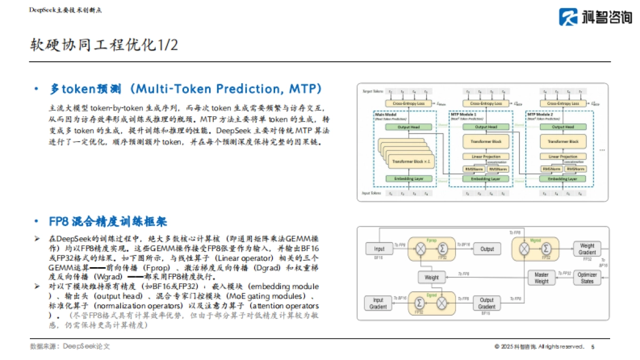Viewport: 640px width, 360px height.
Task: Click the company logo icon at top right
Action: pyautogui.click(x=569, y=17)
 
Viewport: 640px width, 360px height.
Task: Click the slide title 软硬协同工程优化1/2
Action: pyautogui.click(x=104, y=45)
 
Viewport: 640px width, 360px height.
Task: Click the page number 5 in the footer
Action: pyautogui.click(x=593, y=347)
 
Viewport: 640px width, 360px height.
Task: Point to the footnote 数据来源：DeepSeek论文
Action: pyautogui.click(x=70, y=346)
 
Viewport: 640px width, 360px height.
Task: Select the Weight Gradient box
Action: pyautogui.click(x=587, y=249)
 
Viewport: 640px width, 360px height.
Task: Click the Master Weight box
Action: pyautogui.click(x=541, y=278)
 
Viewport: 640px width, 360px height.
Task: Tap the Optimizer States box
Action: pyautogui.click(x=587, y=278)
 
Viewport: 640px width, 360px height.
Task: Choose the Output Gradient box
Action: pyautogui.click(x=486, y=303)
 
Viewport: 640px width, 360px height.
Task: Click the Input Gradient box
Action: pyautogui.click(x=378, y=303)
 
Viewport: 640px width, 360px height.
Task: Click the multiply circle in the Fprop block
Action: pyautogui.click(x=421, y=249)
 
